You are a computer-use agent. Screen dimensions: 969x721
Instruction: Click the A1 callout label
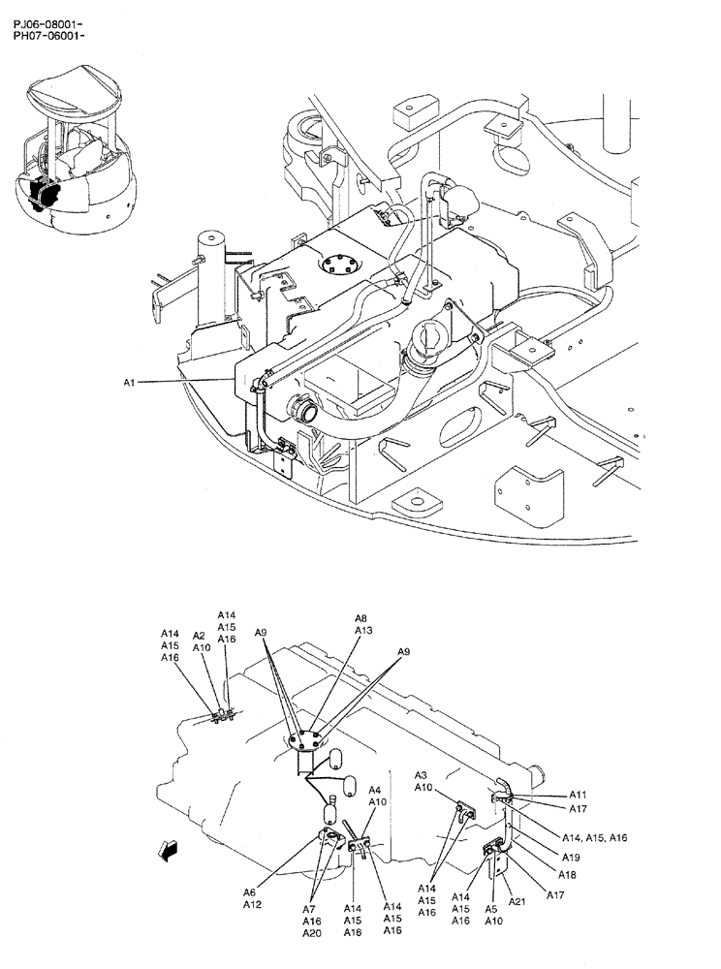(x=130, y=383)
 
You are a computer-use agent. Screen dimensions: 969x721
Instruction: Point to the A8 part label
(x=360, y=618)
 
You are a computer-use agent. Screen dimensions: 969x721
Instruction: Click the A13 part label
(x=362, y=630)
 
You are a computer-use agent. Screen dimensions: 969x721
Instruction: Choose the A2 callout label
(x=199, y=636)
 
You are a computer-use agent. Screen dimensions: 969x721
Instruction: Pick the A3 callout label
(x=422, y=775)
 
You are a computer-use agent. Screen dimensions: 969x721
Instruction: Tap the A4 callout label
(x=375, y=790)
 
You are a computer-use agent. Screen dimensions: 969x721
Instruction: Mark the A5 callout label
(x=491, y=910)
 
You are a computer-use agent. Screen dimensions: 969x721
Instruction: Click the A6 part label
(x=249, y=892)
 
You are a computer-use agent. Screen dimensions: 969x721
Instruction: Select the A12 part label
(x=251, y=905)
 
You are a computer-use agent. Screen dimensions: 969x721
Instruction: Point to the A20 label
(x=311, y=933)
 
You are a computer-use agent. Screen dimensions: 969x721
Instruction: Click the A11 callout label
(x=579, y=795)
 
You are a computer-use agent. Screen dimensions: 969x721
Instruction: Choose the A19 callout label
(x=571, y=858)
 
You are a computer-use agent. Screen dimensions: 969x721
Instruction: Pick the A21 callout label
(x=517, y=902)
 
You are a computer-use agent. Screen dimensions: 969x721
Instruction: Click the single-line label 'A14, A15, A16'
(x=594, y=837)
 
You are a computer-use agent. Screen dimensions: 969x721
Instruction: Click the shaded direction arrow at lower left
(x=170, y=850)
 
